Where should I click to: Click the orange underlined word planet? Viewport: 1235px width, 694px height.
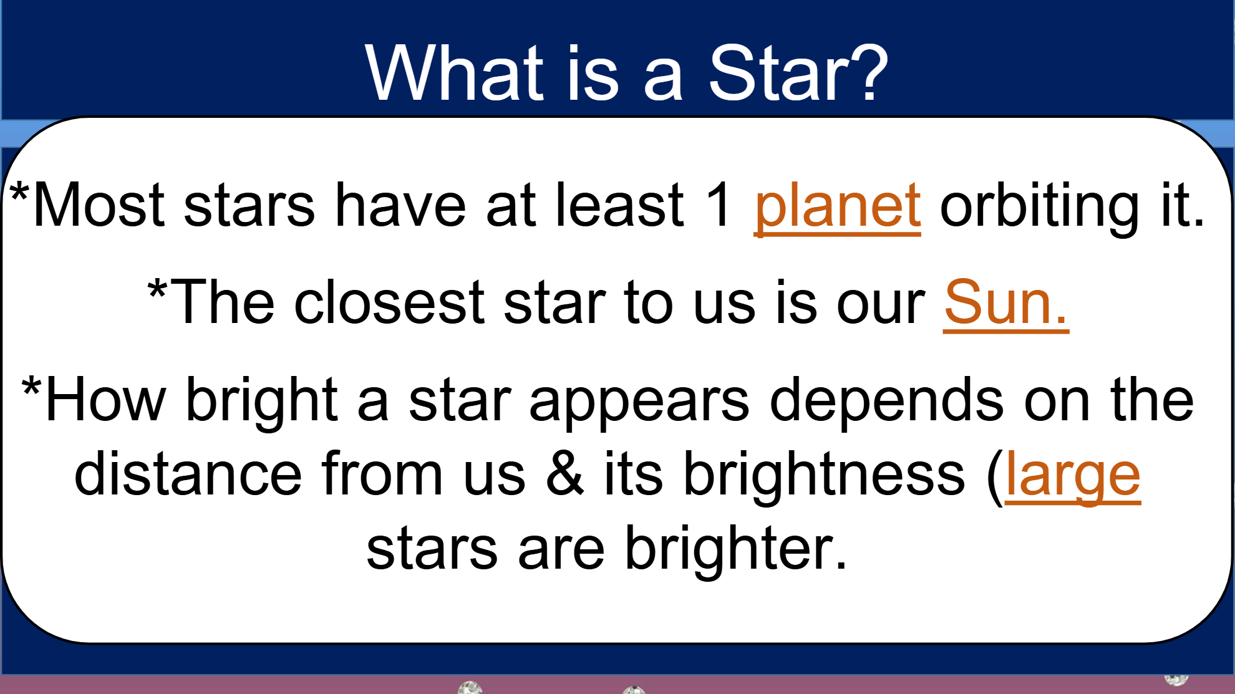coord(837,206)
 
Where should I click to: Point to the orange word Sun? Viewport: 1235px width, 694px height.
coord(1005,303)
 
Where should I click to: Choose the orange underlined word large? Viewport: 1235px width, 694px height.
coord(1073,476)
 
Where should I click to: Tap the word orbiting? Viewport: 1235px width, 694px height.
coord(1040,206)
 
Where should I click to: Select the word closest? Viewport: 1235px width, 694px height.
coord(389,303)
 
